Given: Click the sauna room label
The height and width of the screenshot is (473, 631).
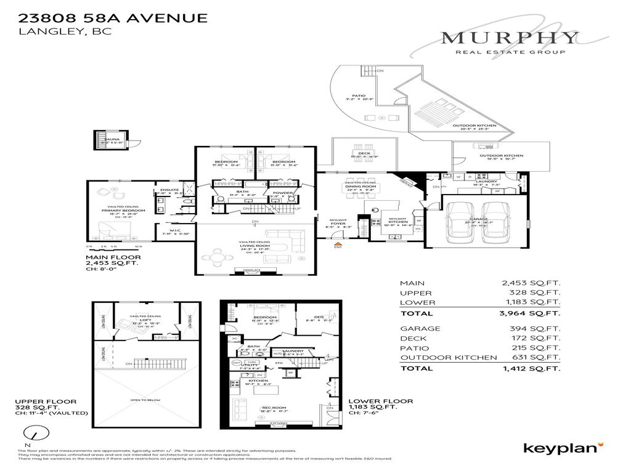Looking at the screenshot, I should [x=112, y=140].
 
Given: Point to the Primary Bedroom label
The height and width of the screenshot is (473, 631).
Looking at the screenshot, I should [x=123, y=211].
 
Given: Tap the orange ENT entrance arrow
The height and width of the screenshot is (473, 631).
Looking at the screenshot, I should [x=338, y=246].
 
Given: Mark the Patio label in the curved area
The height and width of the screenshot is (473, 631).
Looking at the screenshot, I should [x=359, y=95].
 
